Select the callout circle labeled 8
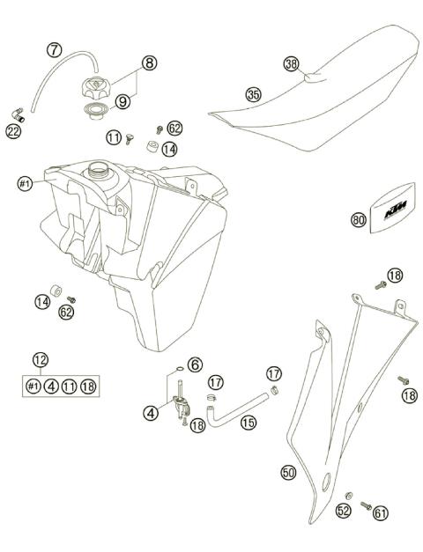point(149,63)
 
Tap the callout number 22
point(13,130)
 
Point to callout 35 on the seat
point(254,94)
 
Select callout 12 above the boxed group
point(40,359)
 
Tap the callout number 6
point(195,364)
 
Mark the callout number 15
point(249,423)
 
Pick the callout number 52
point(343,510)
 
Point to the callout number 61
point(380,512)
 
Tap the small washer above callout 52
point(350,495)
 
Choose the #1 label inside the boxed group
point(33,386)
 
